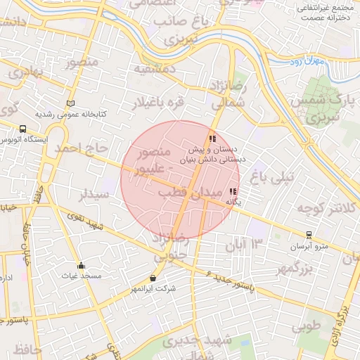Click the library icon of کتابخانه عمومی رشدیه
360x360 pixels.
[70, 103]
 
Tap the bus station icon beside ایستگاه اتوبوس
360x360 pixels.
[23, 129]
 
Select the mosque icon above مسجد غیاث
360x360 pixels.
[82, 266]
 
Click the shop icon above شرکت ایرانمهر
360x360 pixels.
[153, 278]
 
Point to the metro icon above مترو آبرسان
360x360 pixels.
[309, 236]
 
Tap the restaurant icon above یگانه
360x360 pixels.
[233, 191]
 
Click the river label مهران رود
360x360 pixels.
[307, 63]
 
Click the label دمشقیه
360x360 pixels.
[155, 70]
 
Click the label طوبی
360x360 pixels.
[307, 326]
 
